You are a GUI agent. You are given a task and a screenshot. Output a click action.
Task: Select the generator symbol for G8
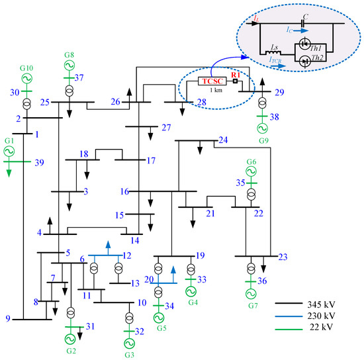(x=68, y=66)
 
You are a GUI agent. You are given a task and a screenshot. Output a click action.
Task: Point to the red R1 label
(x=235, y=75)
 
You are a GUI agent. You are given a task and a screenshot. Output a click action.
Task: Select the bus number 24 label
(x=223, y=140)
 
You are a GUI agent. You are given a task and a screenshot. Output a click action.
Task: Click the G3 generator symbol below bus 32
(x=128, y=337)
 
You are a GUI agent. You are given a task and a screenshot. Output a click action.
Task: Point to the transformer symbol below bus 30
(x=26, y=105)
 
